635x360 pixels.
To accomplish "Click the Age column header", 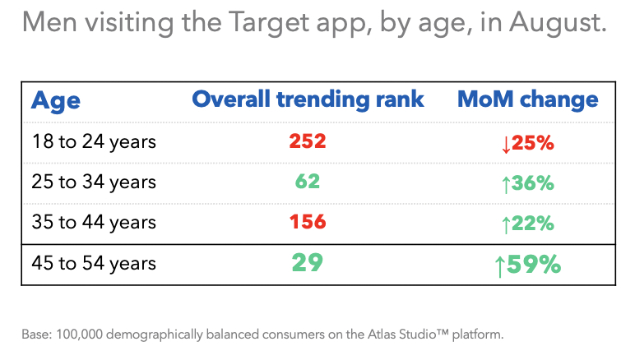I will click(x=56, y=100).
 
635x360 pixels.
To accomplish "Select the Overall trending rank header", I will click(x=308, y=99).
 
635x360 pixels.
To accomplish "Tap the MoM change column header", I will click(x=527, y=99).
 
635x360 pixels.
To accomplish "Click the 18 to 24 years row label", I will click(x=93, y=141).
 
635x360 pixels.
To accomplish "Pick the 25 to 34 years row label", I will click(x=93, y=182).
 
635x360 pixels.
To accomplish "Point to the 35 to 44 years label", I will click(x=93, y=222).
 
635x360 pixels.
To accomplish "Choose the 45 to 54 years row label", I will click(x=93, y=264).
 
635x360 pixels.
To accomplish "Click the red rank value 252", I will click(x=308, y=141).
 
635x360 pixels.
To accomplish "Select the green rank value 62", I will click(x=308, y=182).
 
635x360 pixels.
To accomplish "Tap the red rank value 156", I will click(x=308, y=222).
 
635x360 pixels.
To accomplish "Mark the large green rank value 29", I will click(x=308, y=263).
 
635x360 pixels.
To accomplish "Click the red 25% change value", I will click(x=533, y=143).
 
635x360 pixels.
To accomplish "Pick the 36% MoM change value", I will click(x=533, y=183).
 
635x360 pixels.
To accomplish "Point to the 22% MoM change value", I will click(x=533, y=224).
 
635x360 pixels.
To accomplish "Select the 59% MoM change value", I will click(x=535, y=265).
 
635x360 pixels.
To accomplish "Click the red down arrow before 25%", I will click(x=506, y=144).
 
